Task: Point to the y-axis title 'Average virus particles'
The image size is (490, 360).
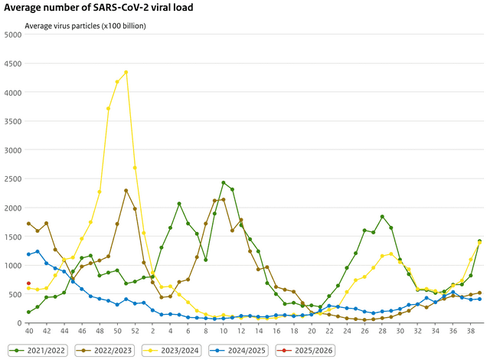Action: [x=86, y=25]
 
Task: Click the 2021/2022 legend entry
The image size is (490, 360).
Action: [x=40, y=349]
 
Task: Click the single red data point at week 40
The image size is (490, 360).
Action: [x=28, y=283]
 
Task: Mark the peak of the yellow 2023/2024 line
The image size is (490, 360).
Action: [x=126, y=72]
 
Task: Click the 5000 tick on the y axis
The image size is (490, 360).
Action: [x=13, y=34]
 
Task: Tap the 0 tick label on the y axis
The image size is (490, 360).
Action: [x=20, y=323]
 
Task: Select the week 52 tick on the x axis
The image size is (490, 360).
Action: [x=135, y=329]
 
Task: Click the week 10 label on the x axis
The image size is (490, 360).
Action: [x=223, y=329]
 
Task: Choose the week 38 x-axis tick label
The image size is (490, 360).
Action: [x=471, y=329]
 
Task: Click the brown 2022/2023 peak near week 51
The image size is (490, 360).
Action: [x=126, y=190]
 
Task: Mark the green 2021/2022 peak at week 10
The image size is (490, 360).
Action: [x=223, y=183]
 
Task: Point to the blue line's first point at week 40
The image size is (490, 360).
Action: [x=28, y=254]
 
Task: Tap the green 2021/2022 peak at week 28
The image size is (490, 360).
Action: [x=382, y=217]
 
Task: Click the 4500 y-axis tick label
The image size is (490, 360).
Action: [x=13, y=64]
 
